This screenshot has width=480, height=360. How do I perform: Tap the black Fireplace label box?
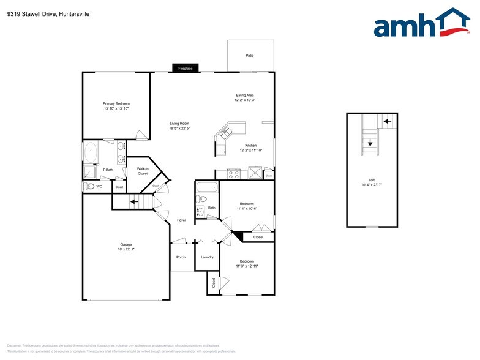tap(185, 69)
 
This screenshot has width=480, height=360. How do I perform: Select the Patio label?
tap(250, 56)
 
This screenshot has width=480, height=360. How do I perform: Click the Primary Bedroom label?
tap(116, 104)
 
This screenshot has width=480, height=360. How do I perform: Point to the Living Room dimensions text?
tap(179, 129)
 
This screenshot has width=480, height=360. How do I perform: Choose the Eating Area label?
tap(244, 95)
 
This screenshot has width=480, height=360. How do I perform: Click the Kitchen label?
tap(251, 145)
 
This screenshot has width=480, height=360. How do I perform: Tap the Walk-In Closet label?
tap(143, 171)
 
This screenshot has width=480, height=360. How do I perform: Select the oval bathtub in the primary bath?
tap(91, 152)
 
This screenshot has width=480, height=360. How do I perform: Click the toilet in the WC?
tap(89, 186)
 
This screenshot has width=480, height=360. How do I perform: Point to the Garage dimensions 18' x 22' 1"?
tap(126, 249)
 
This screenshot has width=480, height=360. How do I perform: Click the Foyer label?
tap(182, 220)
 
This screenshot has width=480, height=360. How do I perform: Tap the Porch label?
tap(181, 257)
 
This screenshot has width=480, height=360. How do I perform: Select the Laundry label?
tap(207, 257)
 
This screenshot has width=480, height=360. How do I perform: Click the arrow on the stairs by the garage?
tap(133, 201)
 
